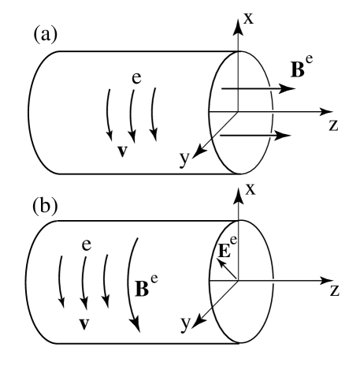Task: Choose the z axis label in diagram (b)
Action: coord(334,290)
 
